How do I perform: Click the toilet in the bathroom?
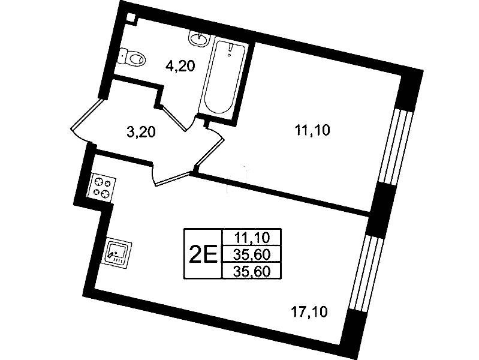pos(132,57)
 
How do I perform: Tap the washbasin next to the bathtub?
pos(198,38)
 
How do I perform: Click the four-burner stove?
pos(102,188)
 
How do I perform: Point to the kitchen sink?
pos(117,253)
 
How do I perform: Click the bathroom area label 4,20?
pos(180,66)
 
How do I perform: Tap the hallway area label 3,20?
pos(141,132)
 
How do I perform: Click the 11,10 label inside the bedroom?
pos(312,130)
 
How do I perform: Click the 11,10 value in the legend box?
pos(252,238)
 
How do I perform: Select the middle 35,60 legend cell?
pos(252,254)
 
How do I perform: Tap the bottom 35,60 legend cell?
pos(252,271)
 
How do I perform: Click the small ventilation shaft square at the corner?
pos(131,17)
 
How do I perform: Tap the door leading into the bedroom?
pos(211,148)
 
